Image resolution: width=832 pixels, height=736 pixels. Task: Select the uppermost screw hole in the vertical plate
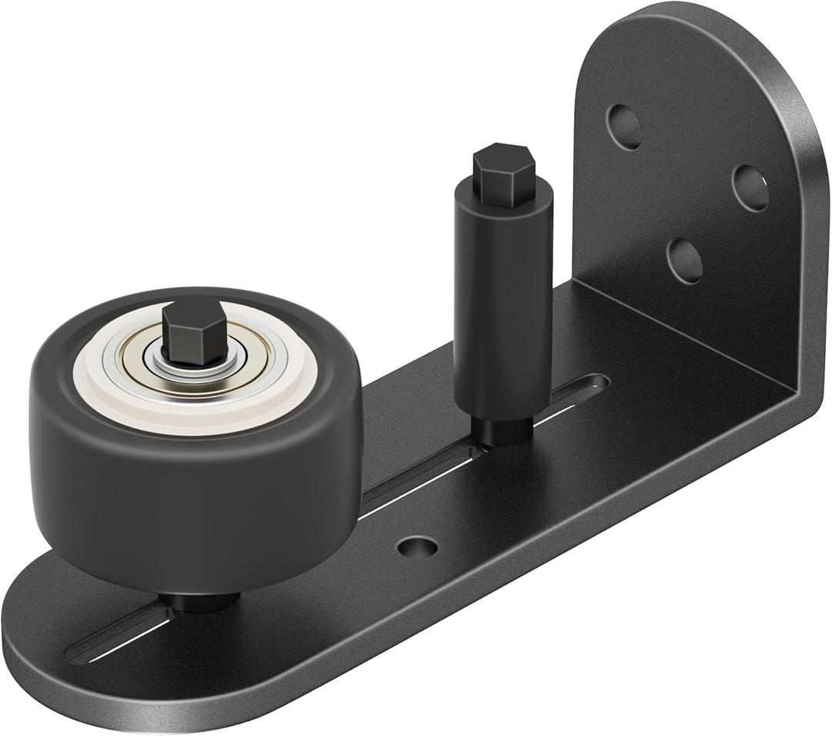click(x=624, y=126)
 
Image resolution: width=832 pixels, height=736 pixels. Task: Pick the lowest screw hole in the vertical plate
click(x=684, y=260)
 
